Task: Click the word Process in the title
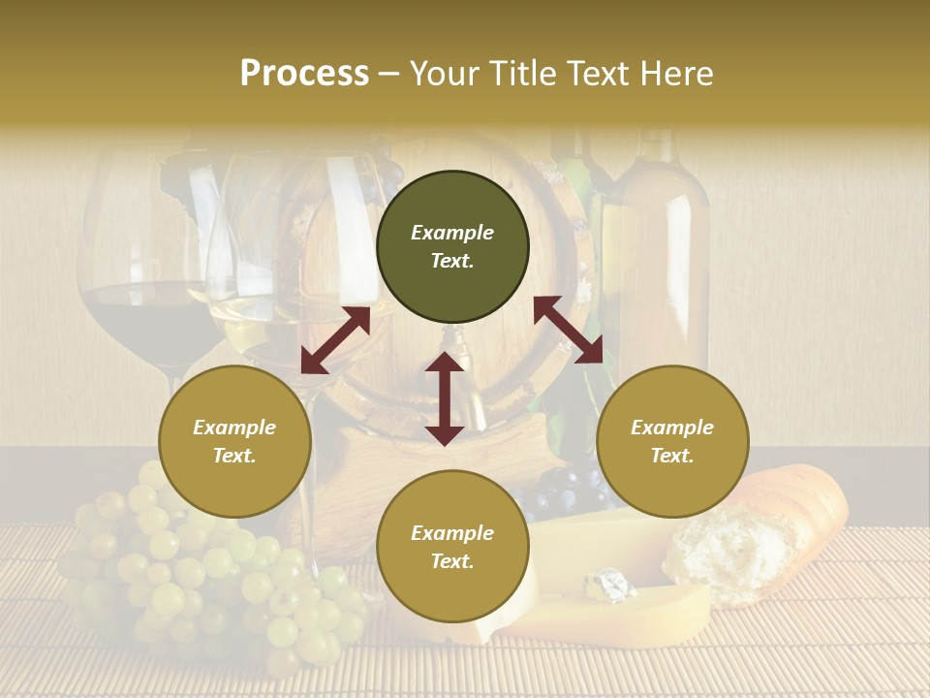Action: point(304,74)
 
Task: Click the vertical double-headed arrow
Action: point(445,398)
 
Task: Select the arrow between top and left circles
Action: point(335,340)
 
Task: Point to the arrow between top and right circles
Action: point(568,330)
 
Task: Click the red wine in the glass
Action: point(145,320)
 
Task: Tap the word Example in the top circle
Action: point(452,233)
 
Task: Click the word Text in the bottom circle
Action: point(451,561)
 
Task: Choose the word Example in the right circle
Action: point(672,428)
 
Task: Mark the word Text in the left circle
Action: point(233,456)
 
